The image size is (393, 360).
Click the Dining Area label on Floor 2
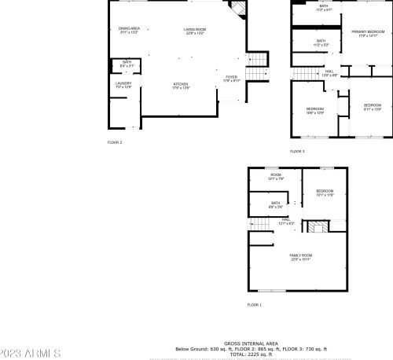tap(129, 31)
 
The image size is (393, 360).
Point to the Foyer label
tap(231, 79)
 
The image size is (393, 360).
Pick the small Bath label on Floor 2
tap(127, 63)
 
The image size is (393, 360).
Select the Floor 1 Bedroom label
tap(325, 193)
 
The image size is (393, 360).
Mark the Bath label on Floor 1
tap(276, 205)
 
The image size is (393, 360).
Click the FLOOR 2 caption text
tap(115, 142)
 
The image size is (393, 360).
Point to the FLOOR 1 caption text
tap(254, 304)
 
